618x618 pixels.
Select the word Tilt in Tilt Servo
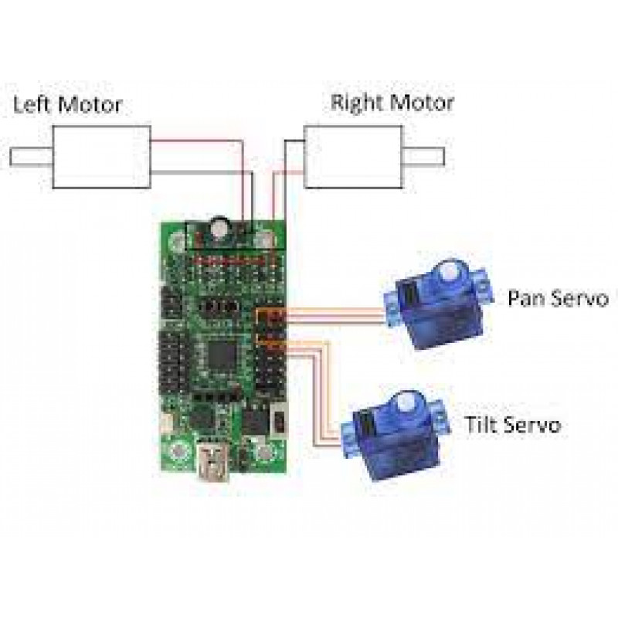(x=480, y=424)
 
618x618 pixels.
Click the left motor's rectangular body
(x=100, y=158)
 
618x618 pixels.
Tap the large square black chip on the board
(x=222, y=355)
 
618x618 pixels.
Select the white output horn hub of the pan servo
(x=446, y=273)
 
